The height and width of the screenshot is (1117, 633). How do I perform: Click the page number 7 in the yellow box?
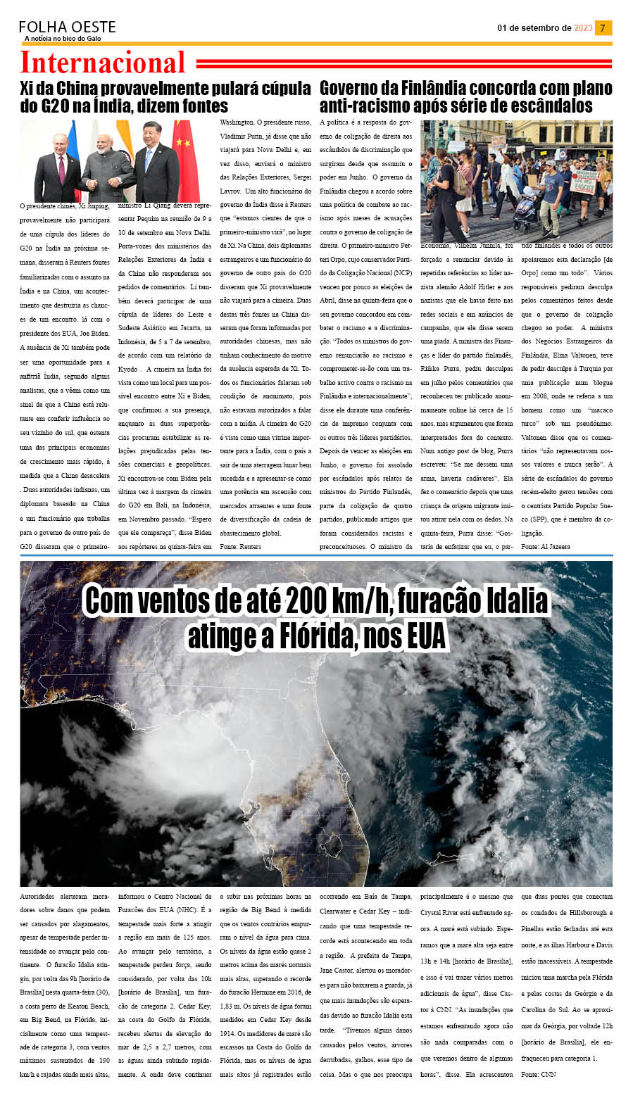click(603, 28)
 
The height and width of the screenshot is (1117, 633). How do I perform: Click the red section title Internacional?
click(103, 63)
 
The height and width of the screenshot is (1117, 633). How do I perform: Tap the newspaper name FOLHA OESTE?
click(67, 27)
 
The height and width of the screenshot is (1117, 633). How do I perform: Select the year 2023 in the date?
click(583, 28)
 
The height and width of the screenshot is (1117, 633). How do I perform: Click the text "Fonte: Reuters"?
click(240, 546)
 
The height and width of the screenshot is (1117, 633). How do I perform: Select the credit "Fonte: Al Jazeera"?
click(546, 546)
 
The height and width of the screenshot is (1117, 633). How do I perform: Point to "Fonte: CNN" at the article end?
click(538, 1074)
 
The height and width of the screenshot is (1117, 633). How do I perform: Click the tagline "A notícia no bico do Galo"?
click(63, 39)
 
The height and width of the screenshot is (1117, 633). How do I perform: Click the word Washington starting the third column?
click(237, 122)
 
